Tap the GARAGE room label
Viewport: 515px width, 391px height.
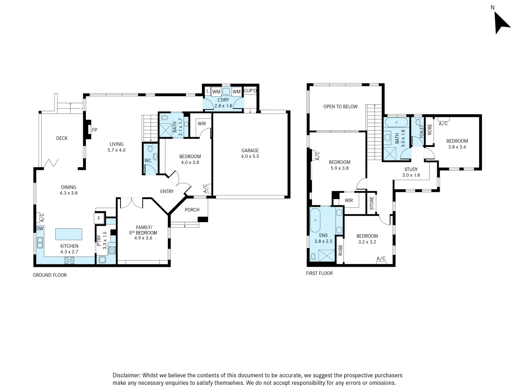pos(250,151)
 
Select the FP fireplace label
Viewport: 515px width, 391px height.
pos(94,130)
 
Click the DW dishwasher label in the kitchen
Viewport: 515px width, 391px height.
pos(40,228)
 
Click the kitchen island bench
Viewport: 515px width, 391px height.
pos(69,234)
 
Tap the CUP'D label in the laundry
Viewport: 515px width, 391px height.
pos(250,91)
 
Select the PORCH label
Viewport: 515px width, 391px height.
pos(192,210)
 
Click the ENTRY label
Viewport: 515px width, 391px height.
pos(167,192)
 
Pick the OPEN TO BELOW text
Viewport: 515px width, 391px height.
pos(341,106)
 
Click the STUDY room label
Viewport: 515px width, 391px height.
pos(411,169)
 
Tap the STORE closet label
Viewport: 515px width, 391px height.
pos(372,203)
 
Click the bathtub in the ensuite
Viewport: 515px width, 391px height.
pos(315,220)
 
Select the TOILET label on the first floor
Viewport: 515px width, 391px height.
pos(422,131)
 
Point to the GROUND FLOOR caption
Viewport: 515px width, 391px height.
pos(50,275)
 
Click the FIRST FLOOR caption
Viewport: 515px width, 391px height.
pos(319,273)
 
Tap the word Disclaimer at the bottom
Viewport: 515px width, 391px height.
pos(126,375)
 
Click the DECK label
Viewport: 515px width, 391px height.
pos(62,138)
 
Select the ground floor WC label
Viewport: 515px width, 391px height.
pos(148,160)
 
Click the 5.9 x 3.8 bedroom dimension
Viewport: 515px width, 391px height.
pos(339,168)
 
